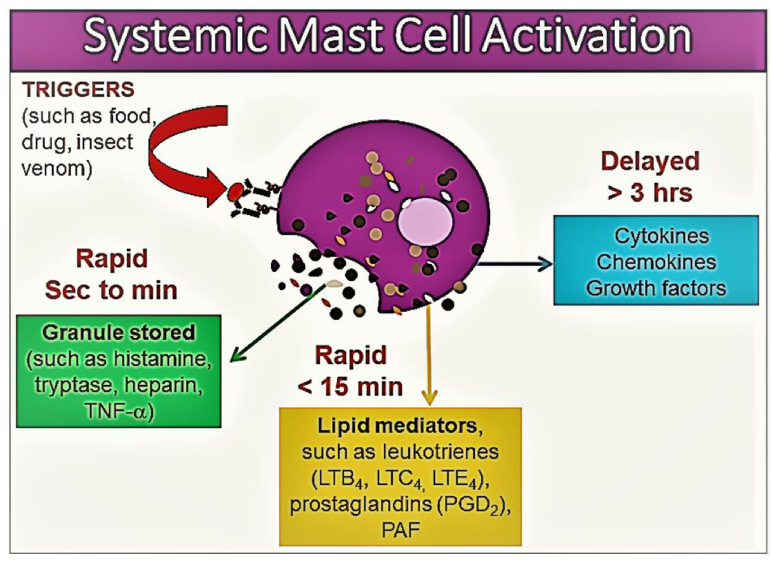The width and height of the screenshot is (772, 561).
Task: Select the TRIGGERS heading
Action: click(x=78, y=89)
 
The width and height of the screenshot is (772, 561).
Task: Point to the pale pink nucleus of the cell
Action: click(x=425, y=221)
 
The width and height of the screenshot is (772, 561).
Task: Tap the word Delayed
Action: click(x=650, y=161)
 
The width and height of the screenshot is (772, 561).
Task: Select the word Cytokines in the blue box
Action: click(x=661, y=236)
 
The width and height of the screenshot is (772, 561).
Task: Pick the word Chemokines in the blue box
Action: click(x=656, y=262)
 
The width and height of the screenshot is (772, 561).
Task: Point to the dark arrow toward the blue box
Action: click(x=514, y=263)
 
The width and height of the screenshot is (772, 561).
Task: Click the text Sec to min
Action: click(x=111, y=290)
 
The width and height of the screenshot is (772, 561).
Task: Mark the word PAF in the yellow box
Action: click(x=401, y=530)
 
